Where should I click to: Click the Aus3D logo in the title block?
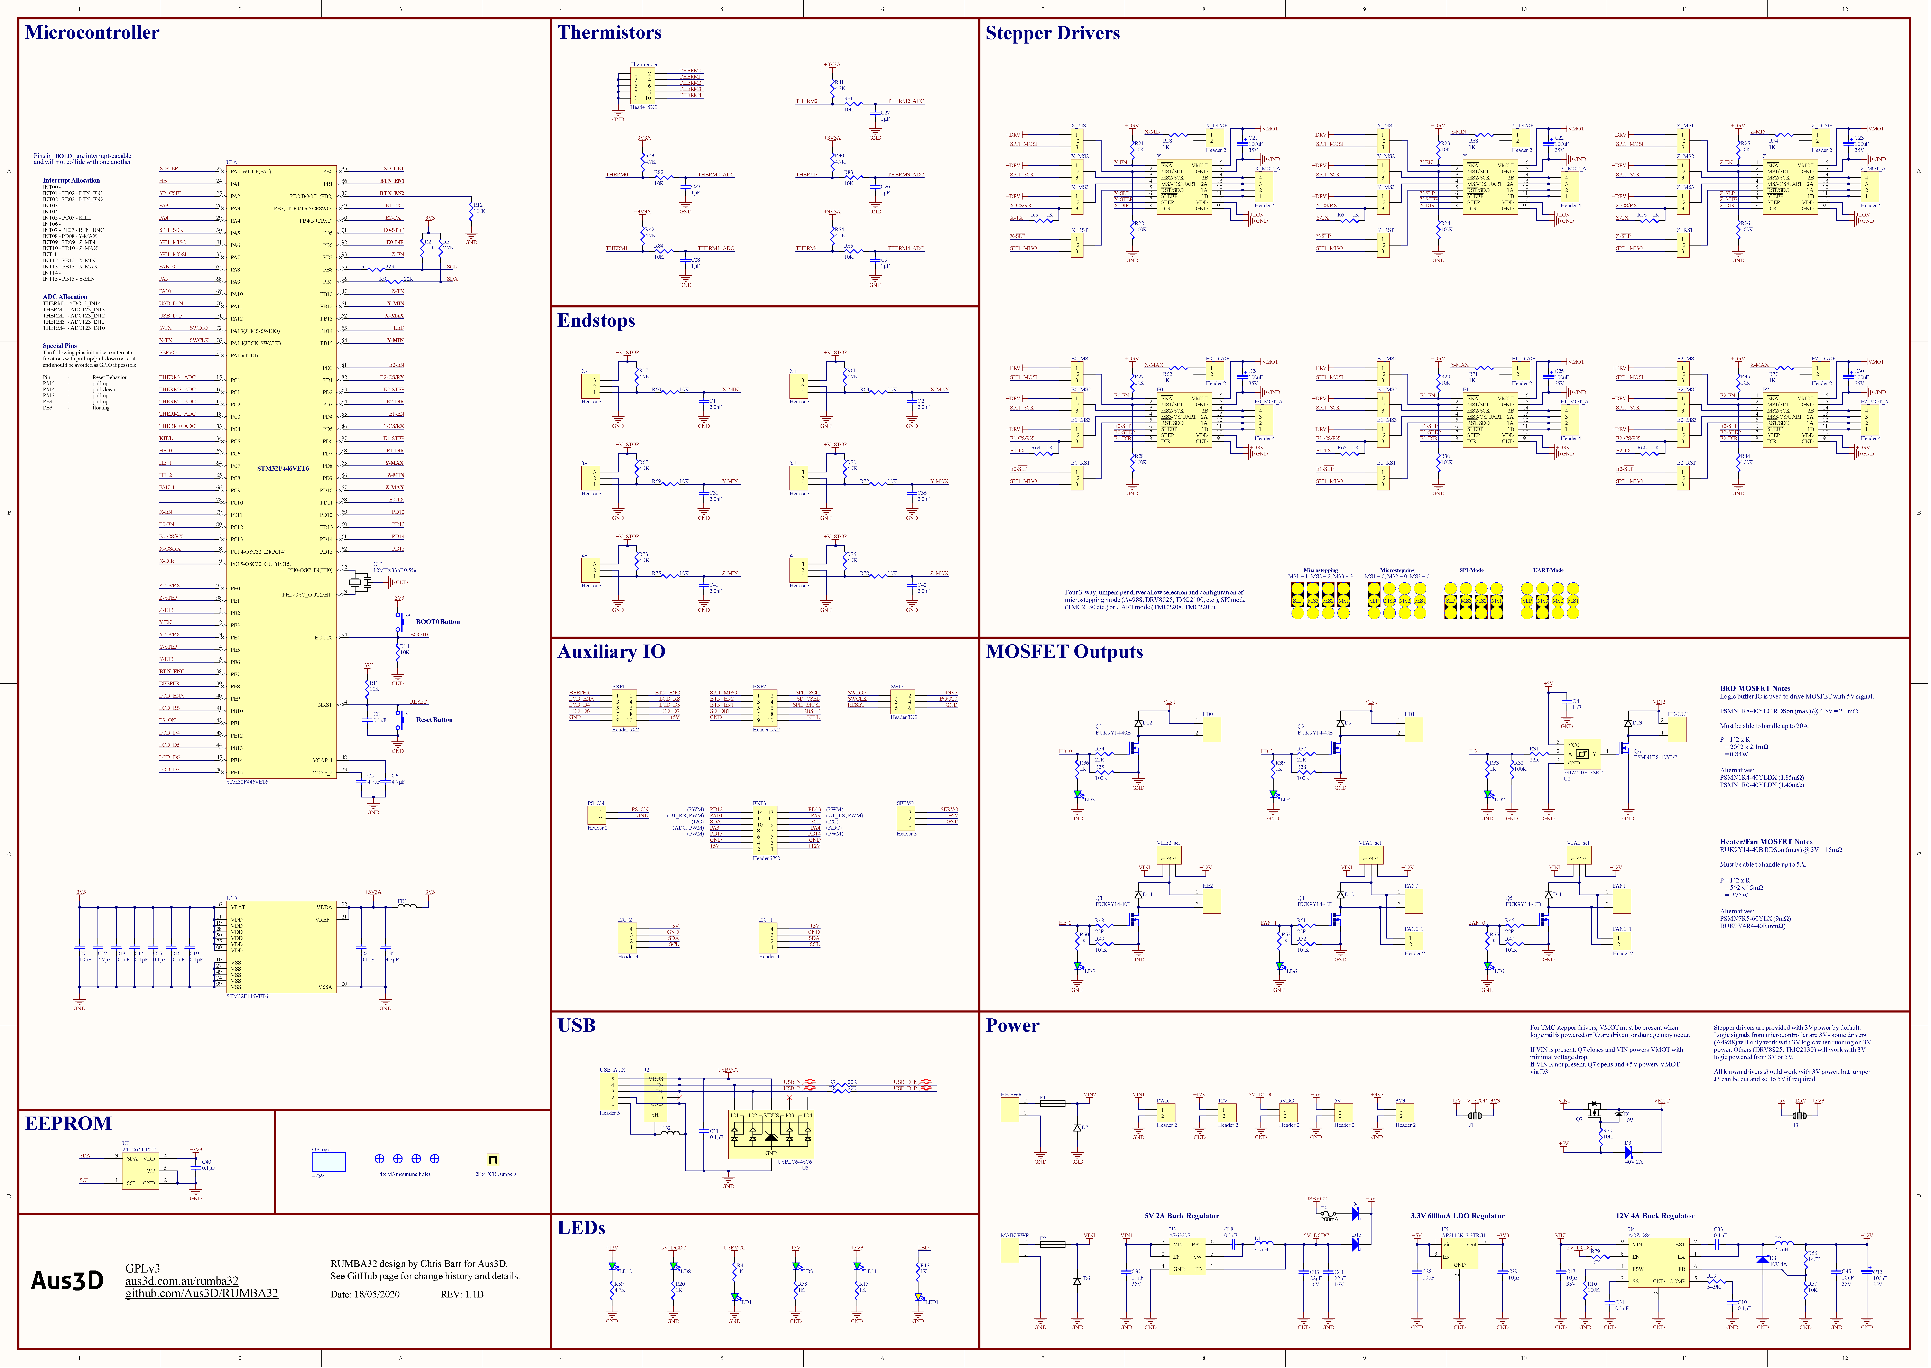tap(67, 1280)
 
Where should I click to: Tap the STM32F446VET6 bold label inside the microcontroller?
tap(283, 468)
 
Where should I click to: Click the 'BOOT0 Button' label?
tap(438, 622)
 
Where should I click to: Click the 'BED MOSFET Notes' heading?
tap(1755, 688)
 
